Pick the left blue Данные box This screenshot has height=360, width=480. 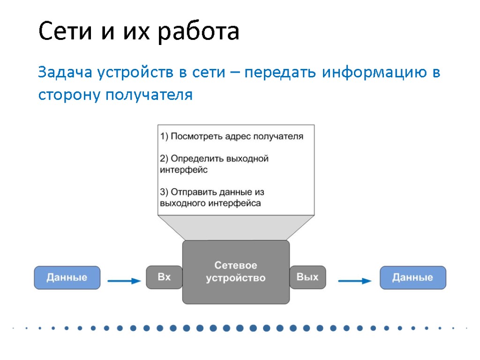click(67, 277)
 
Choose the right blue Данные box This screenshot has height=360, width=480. click(412, 277)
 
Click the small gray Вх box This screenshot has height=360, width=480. click(164, 277)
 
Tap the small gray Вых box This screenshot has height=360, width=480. click(307, 277)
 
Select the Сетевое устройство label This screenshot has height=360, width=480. click(236, 272)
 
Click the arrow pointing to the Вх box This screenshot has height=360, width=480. click(124, 281)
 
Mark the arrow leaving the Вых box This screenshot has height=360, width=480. click(354, 281)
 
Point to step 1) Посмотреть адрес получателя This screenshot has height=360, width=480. click(232, 136)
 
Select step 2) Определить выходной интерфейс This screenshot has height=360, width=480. click(214, 164)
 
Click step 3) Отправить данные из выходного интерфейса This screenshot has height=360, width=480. click(212, 198)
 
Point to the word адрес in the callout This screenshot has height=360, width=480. click(238, 136)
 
